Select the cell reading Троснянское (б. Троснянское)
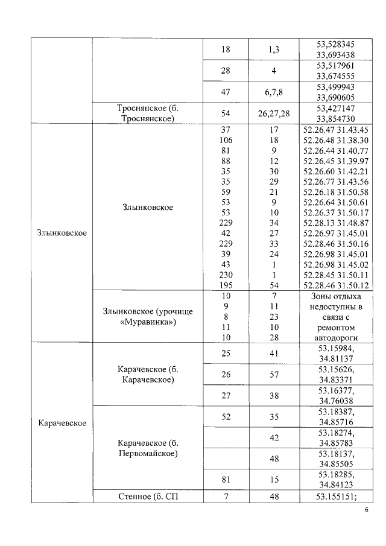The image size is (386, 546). [x=148, y=113]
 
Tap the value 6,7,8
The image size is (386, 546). [x=273, y=92]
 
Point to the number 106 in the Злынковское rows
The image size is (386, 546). [x=226, y=139]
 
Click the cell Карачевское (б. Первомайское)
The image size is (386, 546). [x=148, y=448]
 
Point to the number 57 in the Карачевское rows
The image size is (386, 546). [x=273, y=373]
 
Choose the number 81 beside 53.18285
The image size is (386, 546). [x=226, y=479]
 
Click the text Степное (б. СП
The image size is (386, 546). [x=148, y=496]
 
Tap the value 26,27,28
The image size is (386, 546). [x=273, y=113]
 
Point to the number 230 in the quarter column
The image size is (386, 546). [x=226, y=274]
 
